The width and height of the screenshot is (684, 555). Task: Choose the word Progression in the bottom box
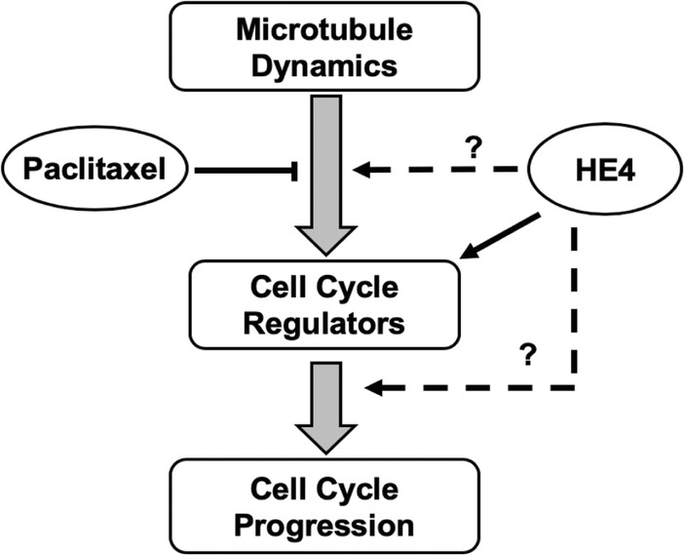[323, 524]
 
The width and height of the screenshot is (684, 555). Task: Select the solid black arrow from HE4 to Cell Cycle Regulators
[502, 238]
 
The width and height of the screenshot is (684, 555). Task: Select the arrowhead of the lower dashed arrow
[372, 389]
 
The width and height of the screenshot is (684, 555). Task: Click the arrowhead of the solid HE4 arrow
[468, 255]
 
